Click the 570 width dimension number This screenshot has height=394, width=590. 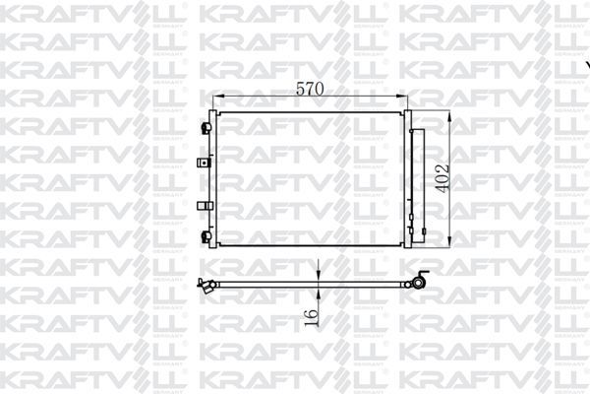(311, 88)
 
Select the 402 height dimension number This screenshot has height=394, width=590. (443, 177)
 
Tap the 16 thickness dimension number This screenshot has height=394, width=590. (312, 316)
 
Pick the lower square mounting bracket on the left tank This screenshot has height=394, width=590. (204, 205)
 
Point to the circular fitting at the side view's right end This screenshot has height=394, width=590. (418, 284)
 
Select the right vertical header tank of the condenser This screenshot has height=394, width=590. (406, 178)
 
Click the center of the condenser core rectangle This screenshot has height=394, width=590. (311, 178)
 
